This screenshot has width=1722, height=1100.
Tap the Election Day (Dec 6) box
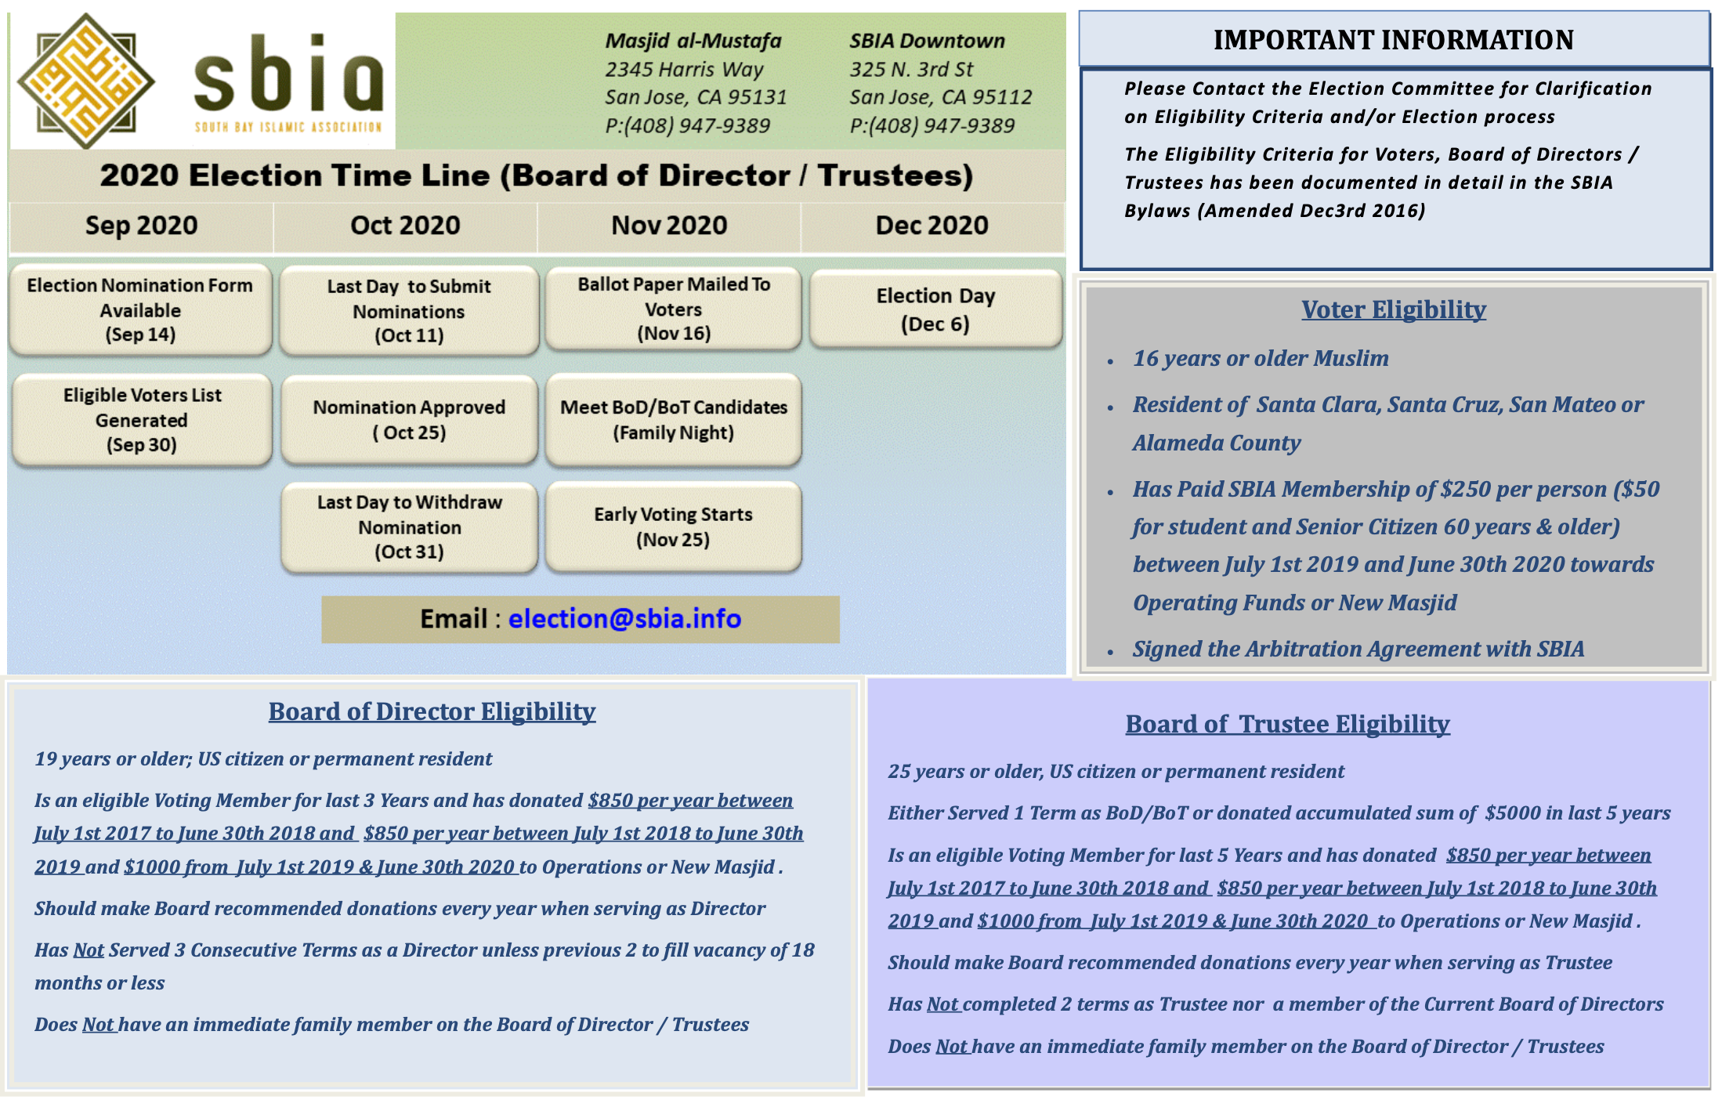(x=935, y=309)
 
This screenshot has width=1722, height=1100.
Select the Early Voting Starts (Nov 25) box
(x=673, y=526)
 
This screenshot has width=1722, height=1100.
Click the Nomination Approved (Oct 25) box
(x=409, y=419)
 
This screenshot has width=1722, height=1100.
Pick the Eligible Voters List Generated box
(x=142, y=419)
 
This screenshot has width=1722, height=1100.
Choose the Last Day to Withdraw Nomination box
(x=409, y=526)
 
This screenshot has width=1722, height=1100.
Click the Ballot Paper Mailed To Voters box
(x=673, y=309)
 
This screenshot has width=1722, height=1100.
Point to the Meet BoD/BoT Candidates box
(x=673, y=419)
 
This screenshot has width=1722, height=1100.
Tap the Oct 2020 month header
(x=405, y=226)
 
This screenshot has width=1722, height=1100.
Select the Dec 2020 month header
(x=932, y=226)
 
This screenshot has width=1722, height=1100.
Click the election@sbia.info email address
(x=624, y=619)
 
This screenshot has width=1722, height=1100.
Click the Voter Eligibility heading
(x=1393, y=310)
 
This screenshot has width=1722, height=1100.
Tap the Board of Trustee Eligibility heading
(x=1287, y=724)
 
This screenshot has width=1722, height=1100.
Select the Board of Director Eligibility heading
(x=432, y=711)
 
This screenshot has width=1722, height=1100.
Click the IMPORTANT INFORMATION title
(x=1393, y=40)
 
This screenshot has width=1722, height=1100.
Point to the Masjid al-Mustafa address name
(x=693, y=41)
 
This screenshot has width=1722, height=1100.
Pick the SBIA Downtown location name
(x=927, y=41)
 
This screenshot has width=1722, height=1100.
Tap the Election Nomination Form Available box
(x=140, y=309)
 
